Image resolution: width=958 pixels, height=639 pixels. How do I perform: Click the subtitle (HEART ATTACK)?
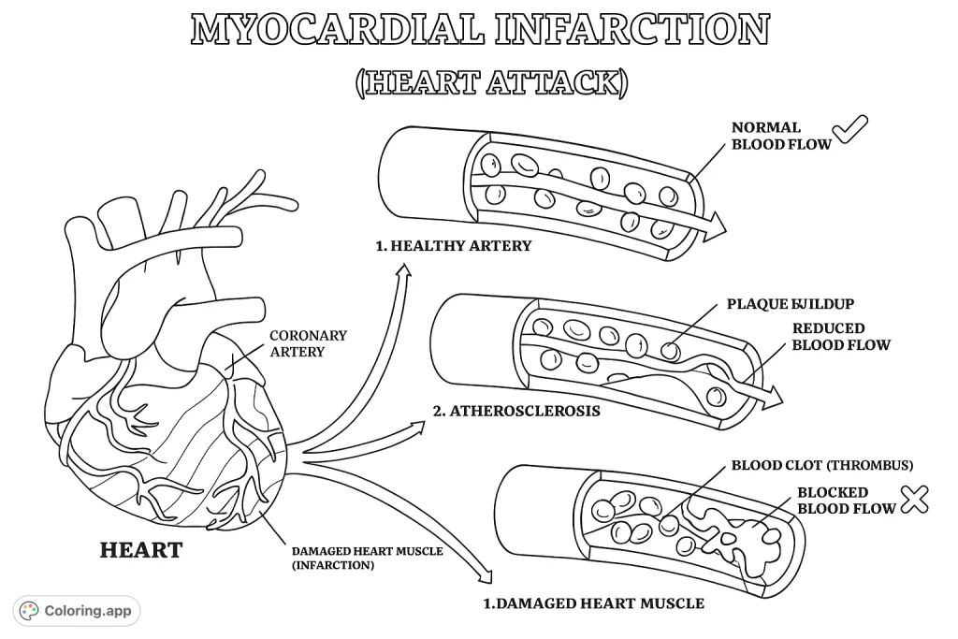[491, 81]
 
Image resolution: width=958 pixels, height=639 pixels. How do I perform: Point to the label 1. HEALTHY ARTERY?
[453, 246]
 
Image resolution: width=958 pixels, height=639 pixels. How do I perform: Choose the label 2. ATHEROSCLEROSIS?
[515, 410]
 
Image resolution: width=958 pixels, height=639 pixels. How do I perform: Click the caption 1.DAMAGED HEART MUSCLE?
[593, 603]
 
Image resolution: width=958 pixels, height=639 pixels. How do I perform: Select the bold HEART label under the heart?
[140, 550]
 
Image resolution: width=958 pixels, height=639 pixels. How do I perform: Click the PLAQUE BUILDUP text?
[790, 304]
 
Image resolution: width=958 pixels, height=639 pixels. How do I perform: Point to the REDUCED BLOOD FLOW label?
[840, 337]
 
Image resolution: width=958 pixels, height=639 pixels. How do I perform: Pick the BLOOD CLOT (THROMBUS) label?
[821, 464]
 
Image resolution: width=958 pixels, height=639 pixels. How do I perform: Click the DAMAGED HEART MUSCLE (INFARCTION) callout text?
[367, 559]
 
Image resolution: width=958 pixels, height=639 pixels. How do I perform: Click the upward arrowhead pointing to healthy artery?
[404, 271]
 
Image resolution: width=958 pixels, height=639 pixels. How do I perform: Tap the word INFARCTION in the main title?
[633, 30]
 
